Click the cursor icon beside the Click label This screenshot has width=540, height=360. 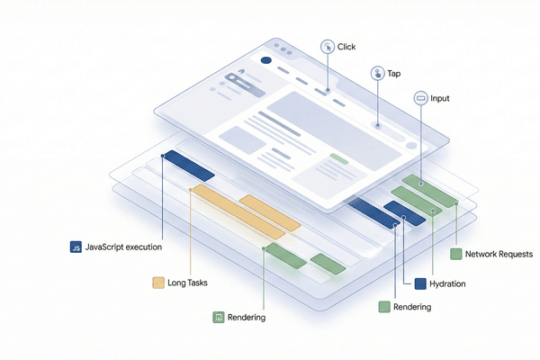(x=327, y=45)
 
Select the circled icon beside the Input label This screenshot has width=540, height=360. (x=420, y=98)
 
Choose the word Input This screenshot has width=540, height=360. (x=440, y=98)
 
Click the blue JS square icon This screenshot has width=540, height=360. (x=76, y=247)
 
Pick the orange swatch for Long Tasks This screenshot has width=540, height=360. (x=159, y=283)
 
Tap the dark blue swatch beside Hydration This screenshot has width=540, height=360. (x=419, y=283)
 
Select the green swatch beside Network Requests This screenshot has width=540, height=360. (x=456, y=255)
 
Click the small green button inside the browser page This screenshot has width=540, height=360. (x=338, y=158)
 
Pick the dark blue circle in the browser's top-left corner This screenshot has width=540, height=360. (x=265, y=61)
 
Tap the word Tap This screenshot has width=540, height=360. (x=394, y=75)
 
